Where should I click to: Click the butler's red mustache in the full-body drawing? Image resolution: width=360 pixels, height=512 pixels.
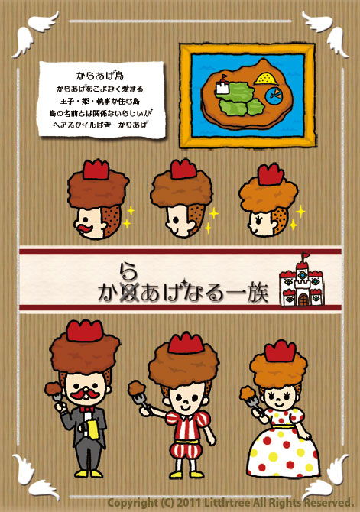85,394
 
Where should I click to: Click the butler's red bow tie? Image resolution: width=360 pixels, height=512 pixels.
86,409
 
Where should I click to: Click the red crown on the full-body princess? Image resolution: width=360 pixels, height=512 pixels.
280,351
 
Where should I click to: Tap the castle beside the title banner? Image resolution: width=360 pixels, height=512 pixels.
302,280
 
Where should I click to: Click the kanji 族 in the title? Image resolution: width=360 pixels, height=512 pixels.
258,293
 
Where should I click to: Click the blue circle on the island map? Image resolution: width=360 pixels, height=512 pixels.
274,96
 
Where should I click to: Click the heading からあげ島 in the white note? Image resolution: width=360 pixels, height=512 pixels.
100,76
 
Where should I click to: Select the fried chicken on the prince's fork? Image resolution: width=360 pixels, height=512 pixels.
137,387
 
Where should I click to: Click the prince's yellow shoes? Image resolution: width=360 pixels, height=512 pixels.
186,475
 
